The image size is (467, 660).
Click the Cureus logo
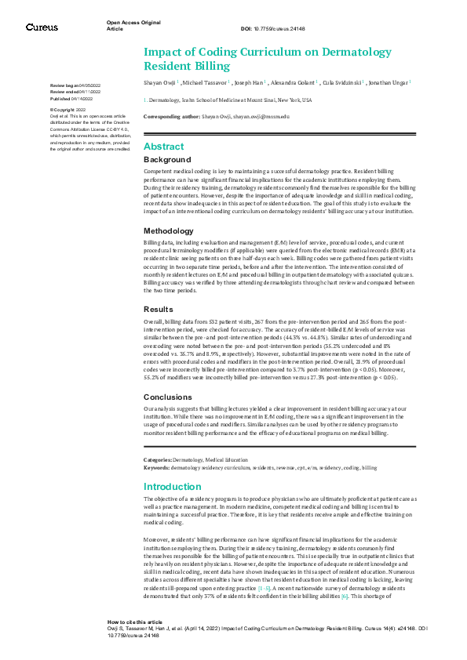pos(42,27)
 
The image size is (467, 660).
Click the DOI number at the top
pos(279,30)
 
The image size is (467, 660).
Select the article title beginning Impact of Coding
pos(212,59)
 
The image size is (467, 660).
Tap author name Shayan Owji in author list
pos(160,82)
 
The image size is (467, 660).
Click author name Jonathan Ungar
pos(389,82)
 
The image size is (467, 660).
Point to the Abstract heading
pos(163,147)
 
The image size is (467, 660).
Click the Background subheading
pos(166,159)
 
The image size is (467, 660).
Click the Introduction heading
pos(173,487)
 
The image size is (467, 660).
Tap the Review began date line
pos(81,85)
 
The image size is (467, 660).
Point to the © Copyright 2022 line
pos(67,110)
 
